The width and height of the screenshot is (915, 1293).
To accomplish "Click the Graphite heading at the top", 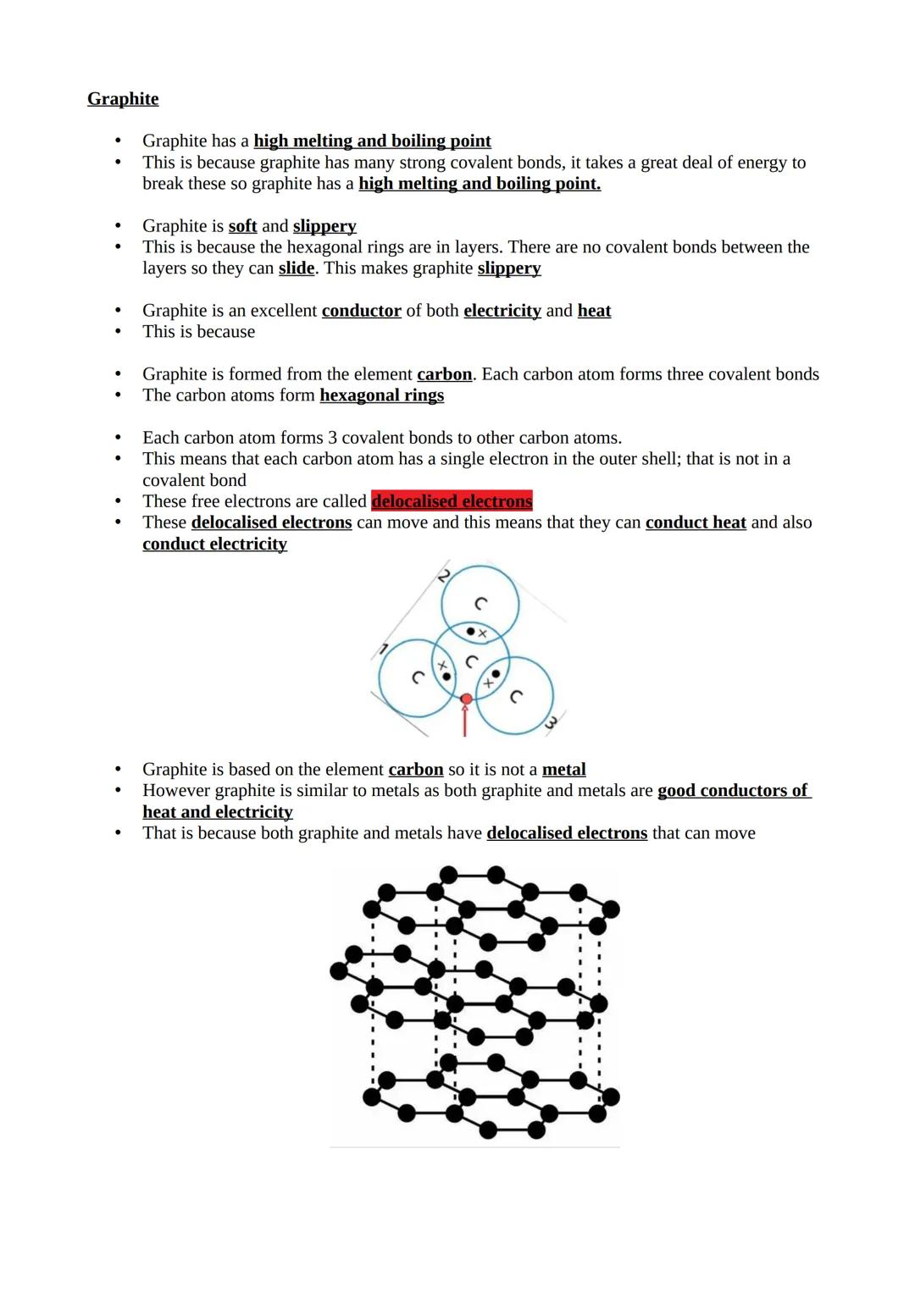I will (123, 99).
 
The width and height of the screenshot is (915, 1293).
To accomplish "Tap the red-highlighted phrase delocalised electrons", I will (452, 501).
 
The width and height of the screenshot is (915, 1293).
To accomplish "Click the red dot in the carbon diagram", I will (466, 699).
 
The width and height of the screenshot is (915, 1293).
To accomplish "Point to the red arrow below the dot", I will (465, 721).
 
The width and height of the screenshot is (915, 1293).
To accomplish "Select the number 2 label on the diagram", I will (444, 576).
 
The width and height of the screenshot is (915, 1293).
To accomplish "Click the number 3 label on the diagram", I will (551, 722).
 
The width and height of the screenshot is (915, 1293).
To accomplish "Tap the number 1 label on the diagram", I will (383, 649).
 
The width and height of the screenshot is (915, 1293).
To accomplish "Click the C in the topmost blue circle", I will (480, 603).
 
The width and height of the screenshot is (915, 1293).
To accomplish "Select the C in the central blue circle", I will (472, 661).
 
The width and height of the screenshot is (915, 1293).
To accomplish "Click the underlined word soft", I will (242, 226).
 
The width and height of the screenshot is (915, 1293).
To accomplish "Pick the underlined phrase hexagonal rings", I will (381, 395).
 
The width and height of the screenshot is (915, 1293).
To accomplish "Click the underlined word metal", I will (563, 770).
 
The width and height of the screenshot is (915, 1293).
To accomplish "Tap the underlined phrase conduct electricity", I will (214, 544).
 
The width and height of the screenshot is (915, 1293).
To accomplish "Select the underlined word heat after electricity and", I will (594, 311).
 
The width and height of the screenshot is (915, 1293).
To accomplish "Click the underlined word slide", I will (297, 268).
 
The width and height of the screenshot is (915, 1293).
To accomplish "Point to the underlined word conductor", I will (361, 311).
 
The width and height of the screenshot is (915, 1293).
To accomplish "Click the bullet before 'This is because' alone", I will (119, 332).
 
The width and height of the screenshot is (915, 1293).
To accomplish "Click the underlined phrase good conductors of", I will (733, 791).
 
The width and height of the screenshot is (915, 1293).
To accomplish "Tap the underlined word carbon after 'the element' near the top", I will (444, 374).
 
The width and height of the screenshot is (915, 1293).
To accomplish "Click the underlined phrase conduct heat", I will (696, 522).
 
